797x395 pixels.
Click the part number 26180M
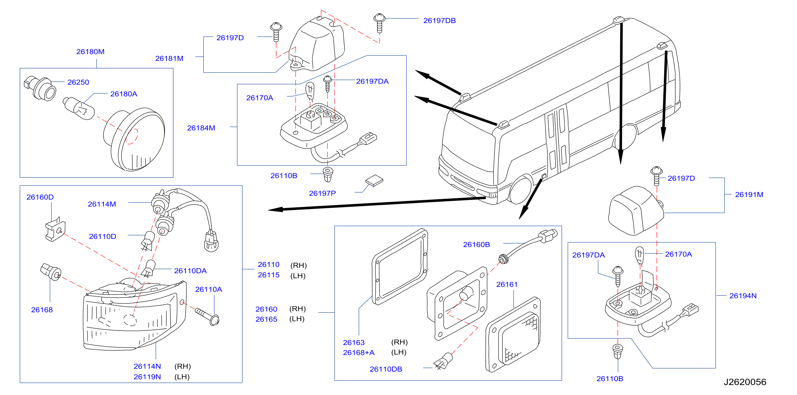(90, 52)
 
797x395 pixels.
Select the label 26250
(78, 82)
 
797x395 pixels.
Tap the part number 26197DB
(439, 21)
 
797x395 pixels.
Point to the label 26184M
(201, 128)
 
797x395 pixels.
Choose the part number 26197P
(322, 193)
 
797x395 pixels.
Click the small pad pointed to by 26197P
(374, 181)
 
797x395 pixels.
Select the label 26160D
(40, 197)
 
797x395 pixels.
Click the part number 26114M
(102, 204)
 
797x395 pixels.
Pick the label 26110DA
(190, 271)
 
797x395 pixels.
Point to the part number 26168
(42, 310)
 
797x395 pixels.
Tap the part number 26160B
(476, 245)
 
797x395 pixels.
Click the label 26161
(507, 285)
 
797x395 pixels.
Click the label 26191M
(749, 195)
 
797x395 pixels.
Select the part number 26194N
(743, 296)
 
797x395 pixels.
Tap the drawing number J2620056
(745, 382)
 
